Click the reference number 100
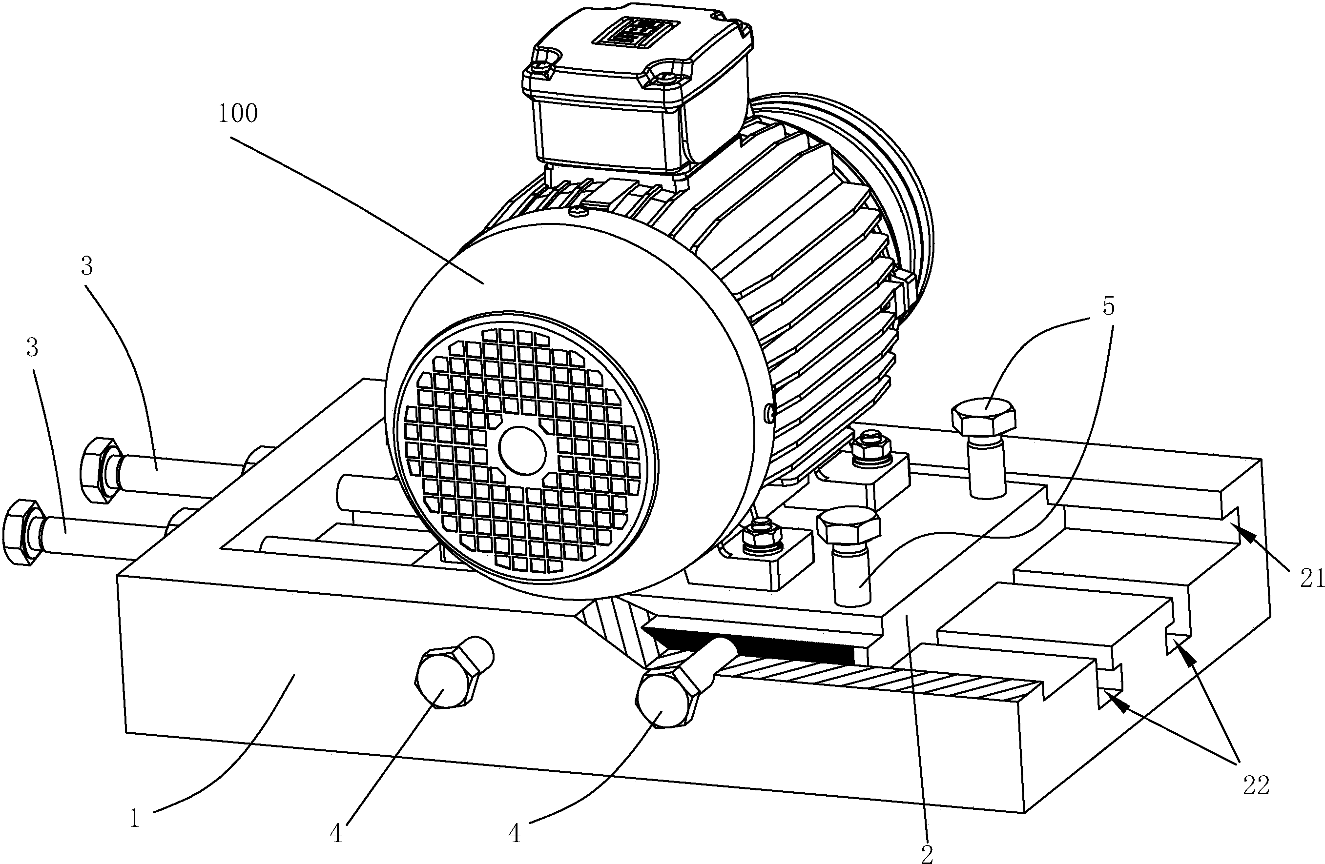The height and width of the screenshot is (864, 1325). [238, 114]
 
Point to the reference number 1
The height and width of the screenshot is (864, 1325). [134, 818]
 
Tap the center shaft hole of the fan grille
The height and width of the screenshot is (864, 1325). [522, 451]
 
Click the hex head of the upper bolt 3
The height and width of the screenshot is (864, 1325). [100, 471]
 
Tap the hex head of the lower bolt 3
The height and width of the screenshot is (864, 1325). [22, 532]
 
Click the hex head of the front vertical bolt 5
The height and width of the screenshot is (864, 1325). [848, 524]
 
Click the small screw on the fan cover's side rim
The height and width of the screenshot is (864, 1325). [769, 411]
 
